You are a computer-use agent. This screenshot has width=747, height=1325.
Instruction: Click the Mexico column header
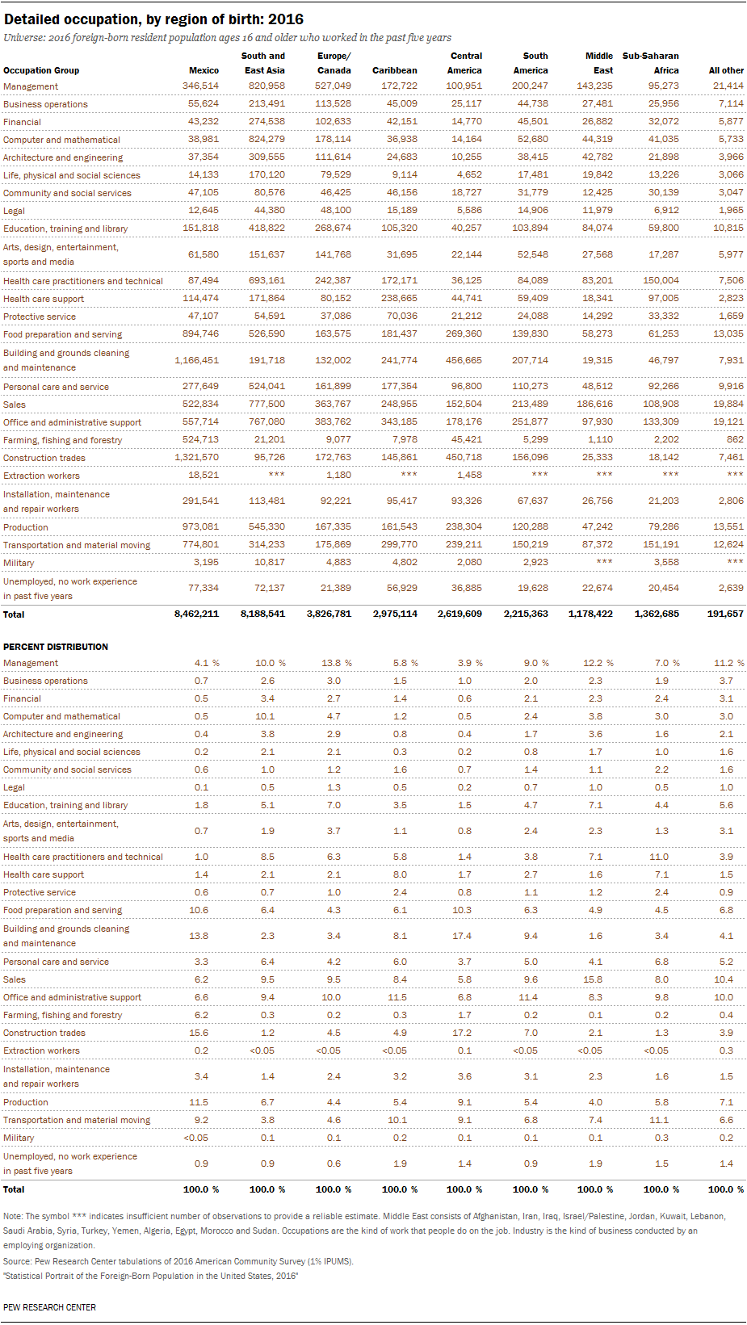204,70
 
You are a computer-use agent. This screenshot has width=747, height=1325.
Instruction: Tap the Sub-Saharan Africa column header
651,63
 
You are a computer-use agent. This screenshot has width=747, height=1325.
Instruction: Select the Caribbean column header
394,70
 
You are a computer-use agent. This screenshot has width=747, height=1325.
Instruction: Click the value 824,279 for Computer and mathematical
266,139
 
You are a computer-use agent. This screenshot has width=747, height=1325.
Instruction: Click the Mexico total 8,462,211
196,614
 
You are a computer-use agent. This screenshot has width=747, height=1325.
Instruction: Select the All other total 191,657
726,614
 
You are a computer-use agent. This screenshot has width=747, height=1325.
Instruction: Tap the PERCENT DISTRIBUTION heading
56,647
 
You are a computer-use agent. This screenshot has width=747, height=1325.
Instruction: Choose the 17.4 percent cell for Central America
465,936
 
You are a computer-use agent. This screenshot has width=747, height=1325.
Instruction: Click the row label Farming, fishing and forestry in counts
63,440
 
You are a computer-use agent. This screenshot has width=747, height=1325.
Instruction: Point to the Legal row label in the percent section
15,787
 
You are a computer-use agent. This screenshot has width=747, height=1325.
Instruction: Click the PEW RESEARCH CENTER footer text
50,1307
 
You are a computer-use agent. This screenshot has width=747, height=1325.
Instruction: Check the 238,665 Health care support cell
399,298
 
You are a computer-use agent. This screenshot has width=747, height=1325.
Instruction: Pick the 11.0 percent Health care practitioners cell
659,857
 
